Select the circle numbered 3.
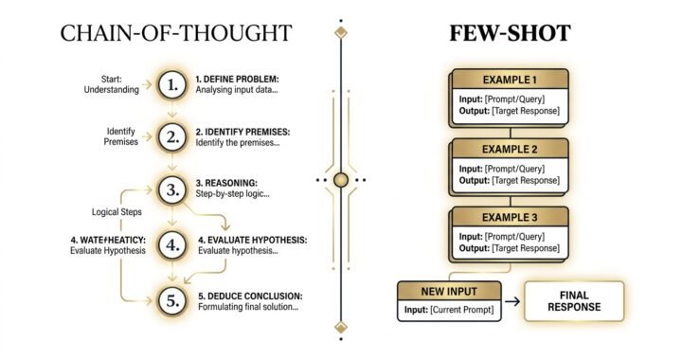(x=171, y=190)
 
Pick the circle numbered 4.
(x=171, y=244)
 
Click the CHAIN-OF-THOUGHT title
(x=175, y=34)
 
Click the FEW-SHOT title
(x=510, y=34)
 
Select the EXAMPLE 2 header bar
(x=510, y=149)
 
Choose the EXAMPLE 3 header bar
(x=510, y=216)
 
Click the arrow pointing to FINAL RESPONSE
(x=512, y=302)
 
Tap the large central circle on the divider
(x=340, y=179)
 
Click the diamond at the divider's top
(x=340, y=32)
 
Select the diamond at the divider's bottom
(x=340, y=328)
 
